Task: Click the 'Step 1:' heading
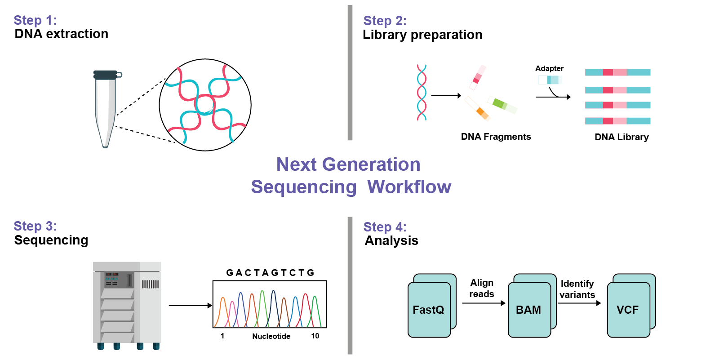coord(35,20)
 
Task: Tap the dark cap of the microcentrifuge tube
coord(106,75)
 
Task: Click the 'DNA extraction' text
coord(61,34)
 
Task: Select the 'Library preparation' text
coord(422,35)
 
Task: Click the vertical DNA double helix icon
coord(422,93)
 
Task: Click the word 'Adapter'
coord(549,68)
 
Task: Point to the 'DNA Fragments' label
coord(496,137)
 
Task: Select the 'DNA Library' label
coord(622,137)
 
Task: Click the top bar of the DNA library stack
coord(617,72)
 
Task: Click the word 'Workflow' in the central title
coord(409,187)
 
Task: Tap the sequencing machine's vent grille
coord(150,284)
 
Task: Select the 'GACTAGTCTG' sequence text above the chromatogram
coord(270,273)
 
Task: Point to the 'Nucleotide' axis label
coord(271,336)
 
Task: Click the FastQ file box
coord(429,310)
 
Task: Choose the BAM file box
coord(529,310)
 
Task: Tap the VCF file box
coord(628,310)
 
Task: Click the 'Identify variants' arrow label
coord(577,289)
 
